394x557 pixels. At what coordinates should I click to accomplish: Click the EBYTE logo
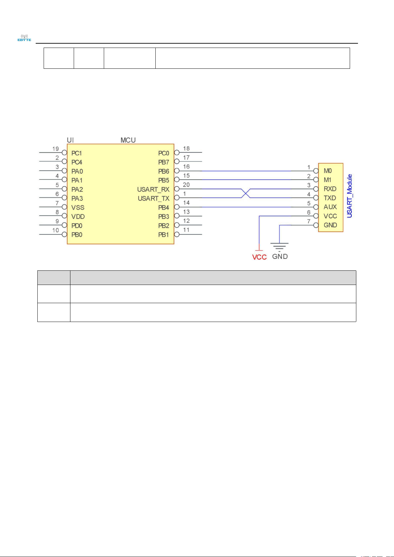24,38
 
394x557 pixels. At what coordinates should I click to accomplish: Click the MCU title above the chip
128,140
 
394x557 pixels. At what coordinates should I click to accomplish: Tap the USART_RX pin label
153,189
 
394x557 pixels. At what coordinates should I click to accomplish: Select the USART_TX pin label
154,198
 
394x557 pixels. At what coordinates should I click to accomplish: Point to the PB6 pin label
164,171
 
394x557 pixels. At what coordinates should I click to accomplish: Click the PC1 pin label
77,153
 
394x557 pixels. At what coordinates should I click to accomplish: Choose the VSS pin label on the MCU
78,207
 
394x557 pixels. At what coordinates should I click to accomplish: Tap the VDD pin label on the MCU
78,217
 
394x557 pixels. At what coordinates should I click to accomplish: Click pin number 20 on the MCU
186,185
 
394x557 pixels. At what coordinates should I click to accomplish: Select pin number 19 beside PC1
56,149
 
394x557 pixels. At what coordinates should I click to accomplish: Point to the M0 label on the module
328,171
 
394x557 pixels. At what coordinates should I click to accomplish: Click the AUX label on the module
330,207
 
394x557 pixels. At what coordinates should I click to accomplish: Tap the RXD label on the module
330,189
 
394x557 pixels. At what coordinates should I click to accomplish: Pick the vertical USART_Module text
349,196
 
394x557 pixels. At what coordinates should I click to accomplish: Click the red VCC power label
259,257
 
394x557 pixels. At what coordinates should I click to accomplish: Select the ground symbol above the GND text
279,247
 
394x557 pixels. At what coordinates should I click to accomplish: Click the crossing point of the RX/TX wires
246,193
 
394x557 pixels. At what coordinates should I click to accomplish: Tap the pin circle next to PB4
177,207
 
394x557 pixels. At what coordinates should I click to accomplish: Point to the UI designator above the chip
70,140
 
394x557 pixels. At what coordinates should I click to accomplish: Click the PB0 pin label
77,235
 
